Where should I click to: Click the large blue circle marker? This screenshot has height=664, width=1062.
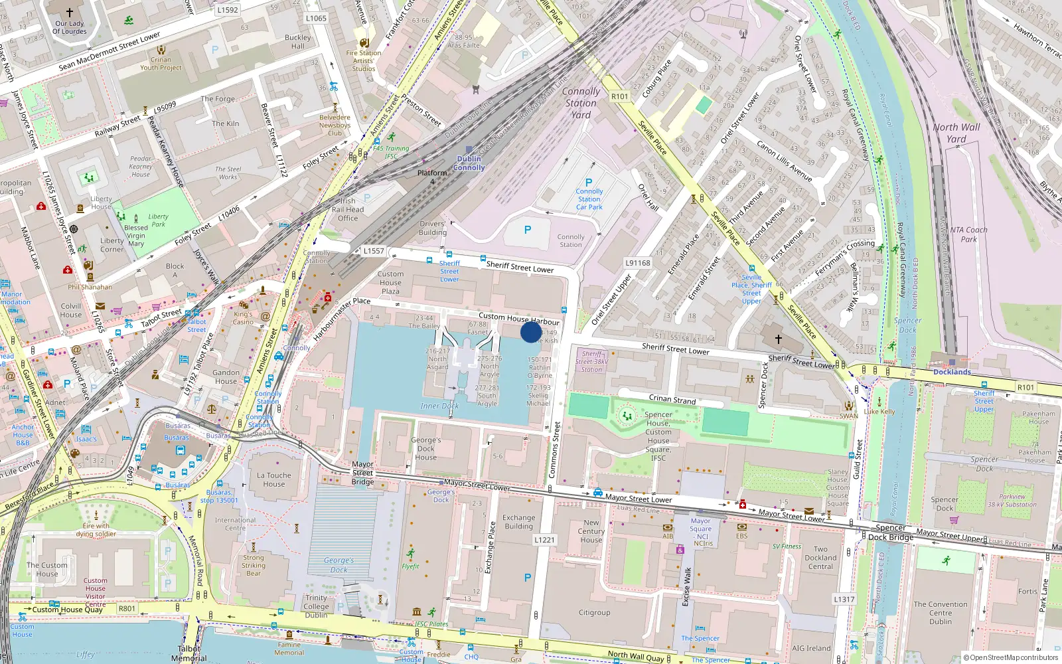(531, 331)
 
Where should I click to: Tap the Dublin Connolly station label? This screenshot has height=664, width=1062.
(469, 163)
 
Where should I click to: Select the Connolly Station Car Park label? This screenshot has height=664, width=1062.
(589, 199)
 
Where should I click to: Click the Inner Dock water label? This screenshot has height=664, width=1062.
(439, 406)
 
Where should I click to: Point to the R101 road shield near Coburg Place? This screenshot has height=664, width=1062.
(619, 96)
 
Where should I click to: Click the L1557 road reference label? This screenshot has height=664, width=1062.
(374, 251)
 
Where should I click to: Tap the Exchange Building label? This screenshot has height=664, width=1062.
(518, 522)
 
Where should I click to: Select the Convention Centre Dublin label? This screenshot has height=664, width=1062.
(940, 613)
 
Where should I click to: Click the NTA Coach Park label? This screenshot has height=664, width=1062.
(968, 234)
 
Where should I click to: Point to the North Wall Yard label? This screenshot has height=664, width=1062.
(956, 133)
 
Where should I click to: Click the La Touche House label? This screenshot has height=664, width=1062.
(273, 479)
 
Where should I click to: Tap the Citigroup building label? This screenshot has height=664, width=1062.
(594, 613)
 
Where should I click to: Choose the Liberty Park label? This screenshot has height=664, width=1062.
(158, 220)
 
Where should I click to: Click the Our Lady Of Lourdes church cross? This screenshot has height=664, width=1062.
(70, 12)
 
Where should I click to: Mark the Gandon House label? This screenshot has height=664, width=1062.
(226, 377)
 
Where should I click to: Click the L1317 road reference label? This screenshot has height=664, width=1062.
(844, 599)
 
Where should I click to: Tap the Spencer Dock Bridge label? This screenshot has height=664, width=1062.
(891, 533)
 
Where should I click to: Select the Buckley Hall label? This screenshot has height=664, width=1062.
(297, 42)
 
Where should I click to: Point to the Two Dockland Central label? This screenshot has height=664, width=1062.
(820, 558)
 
